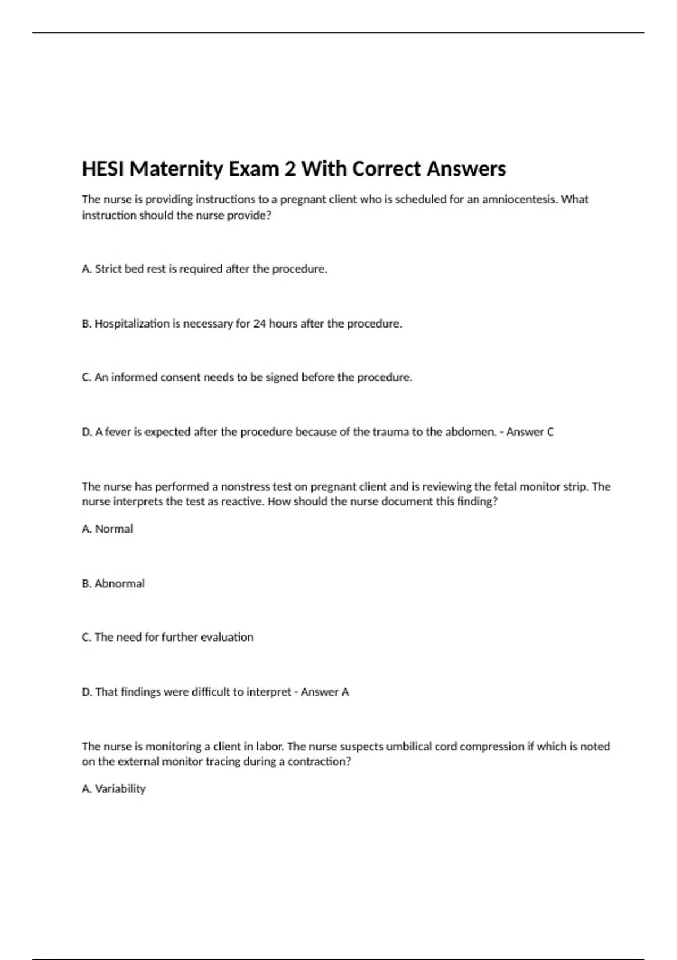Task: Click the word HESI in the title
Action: tap(103, 169)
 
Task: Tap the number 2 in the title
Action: tap(290, 169)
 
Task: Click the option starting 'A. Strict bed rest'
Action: tap(204, 269)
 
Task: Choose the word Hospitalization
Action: tap(132, 324)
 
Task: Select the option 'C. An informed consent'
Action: tap(247, 377)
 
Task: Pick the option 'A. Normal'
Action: tap(107, 529)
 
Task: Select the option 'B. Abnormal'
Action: tap(113, 583)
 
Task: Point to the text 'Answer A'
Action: tap(325, 692)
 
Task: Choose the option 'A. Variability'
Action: tap(113, 789)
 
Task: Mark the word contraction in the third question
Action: tap(319, 761)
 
